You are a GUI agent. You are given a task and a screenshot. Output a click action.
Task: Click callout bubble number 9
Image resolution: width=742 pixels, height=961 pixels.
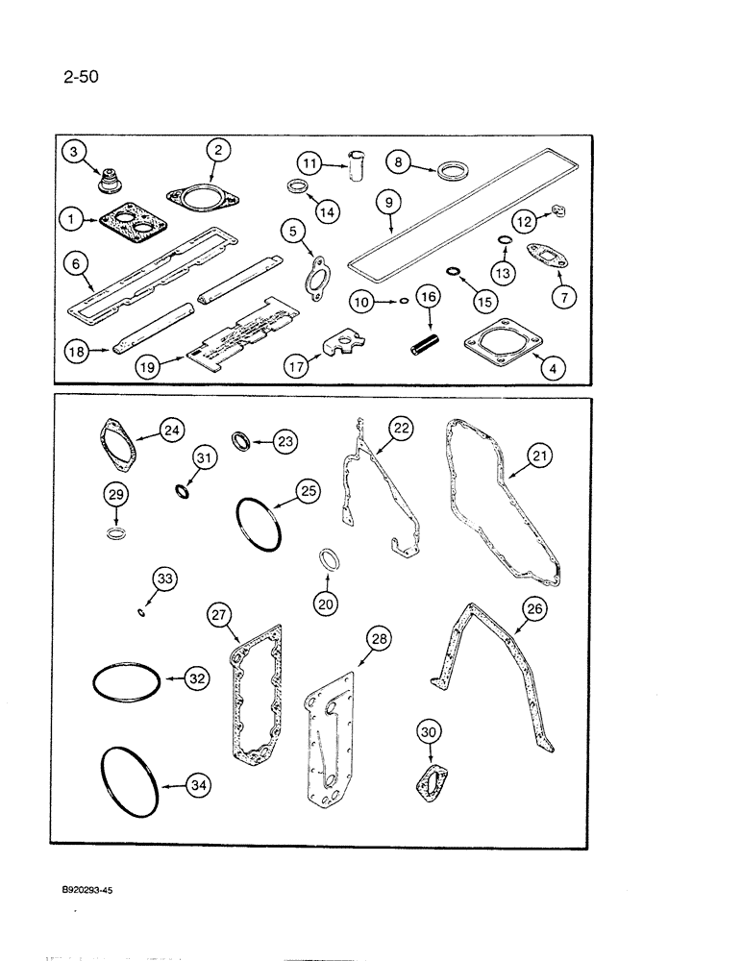point(387,203)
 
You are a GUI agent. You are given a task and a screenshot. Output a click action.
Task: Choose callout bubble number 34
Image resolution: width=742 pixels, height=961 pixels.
point(198,786)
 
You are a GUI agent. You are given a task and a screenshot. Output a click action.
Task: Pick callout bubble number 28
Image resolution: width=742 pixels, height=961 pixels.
point(379,638)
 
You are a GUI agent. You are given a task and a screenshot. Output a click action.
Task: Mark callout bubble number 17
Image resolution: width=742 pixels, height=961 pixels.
point(295,366)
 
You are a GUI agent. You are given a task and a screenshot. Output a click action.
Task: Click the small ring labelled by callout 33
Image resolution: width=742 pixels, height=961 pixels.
point(141,611)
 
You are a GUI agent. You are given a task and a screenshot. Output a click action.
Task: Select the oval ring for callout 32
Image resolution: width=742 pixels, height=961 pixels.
point(127,683)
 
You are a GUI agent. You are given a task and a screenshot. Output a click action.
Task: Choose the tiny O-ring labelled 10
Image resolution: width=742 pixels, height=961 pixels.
point(405,300)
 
